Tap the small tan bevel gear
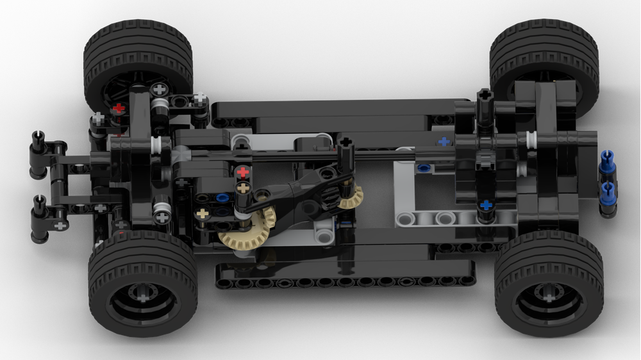coord(350,197)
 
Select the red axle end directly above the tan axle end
coord(242,172)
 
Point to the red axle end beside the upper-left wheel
coord(119,108)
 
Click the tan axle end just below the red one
coord(242,188)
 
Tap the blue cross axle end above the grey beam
coord(487,205)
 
